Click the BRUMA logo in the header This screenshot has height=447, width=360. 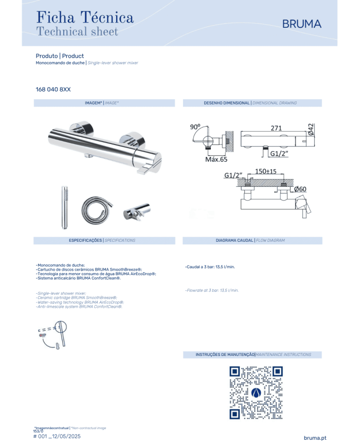click(x=301, y=24)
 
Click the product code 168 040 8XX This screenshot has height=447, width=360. click(x=53, y=90)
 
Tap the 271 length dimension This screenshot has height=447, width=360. click(x=276, y=128)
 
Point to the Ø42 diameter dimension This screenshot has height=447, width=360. click(x=311, y=129)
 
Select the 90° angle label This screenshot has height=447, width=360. click(x=195, y=127)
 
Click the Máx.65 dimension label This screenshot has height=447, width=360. click(x=217, y=159)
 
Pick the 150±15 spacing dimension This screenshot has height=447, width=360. click(x=266, y=171)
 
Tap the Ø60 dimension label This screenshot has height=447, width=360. click(x=300, y=189)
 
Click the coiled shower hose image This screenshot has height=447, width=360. click(x=97, y=209)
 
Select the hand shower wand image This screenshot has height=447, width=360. click(x=65, y=207)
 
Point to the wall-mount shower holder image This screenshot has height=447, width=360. click(x=136, y=211)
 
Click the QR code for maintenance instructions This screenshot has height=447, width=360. click(x=256, y=392)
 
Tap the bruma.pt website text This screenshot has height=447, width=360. click(x=315, y=438)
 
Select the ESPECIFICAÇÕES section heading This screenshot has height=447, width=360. click(x=85, y=240)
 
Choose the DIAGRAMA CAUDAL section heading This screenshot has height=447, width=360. click(x=235, y=240)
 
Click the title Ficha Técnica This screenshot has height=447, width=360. click(x=85, y=17)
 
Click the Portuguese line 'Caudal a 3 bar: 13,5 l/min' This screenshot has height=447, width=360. click(x=210, y=267)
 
